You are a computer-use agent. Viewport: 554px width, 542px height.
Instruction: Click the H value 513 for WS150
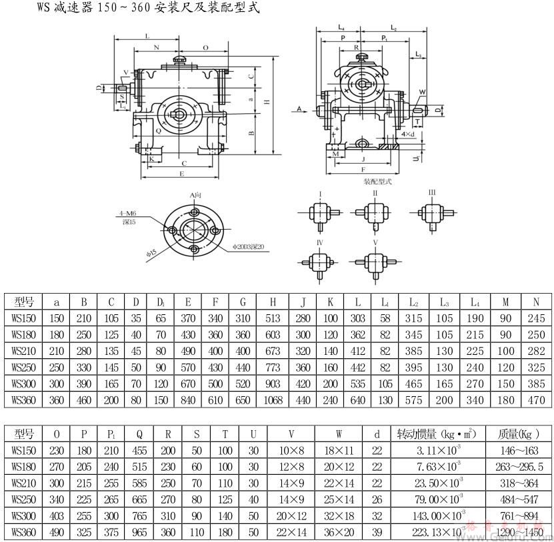pos(269,318)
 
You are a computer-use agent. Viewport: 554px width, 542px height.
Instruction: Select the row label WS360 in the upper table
pos(23,400)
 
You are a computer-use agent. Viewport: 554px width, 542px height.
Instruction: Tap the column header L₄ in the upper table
pos(475,302)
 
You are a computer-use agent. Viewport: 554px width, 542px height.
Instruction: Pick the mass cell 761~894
pos(519,515)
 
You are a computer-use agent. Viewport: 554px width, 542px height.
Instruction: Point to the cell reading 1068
pos(269,400)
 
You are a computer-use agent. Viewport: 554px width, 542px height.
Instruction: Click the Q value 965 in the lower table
pos(141,532)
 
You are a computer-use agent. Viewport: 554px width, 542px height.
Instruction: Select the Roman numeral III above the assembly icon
pos(432,192)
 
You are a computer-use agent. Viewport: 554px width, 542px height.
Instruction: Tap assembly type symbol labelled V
pos(375,242)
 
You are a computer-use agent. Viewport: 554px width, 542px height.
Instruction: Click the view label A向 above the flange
pos(195,194)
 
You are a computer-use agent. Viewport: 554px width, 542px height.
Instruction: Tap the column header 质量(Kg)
pos(519,434)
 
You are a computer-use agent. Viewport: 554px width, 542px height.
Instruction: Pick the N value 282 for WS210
pos(536,351)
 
